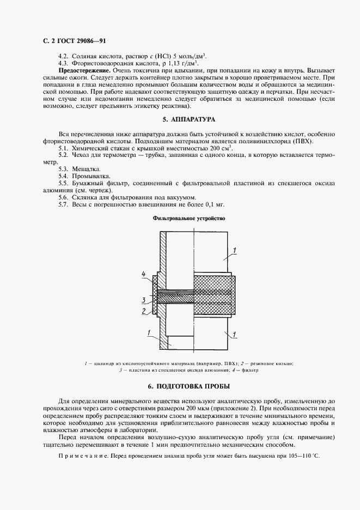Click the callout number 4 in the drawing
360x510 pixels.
pyautogui.click(x=143, y=274)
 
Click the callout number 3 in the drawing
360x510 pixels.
pyautogui.click(x=143, y=300)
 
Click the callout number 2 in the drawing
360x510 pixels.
pyautogui.click(x=143, y=312)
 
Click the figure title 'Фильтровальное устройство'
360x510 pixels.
pyautogui.click(x=190, y=218)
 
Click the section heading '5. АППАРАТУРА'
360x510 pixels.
pyautogui.click(x=190, y=119)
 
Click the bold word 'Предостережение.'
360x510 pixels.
pyautogui.click(x=84, y=71)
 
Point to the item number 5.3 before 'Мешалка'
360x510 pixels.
pyautogui.click(x=63, y=169)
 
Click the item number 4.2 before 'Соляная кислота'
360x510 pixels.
pyautogui.click(x=63, y=57)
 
